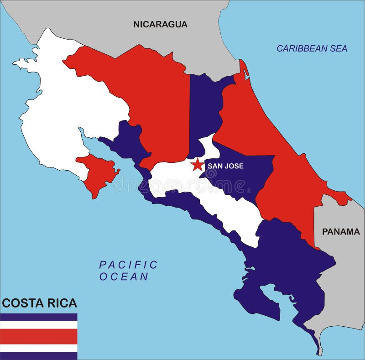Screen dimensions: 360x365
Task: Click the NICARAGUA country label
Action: [160, 25]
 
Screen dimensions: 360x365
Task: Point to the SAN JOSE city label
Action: [225, 166]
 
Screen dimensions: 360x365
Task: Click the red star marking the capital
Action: [198, 165]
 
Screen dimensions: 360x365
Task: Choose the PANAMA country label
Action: [341, 232]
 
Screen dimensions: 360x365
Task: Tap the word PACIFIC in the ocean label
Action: [128, 265]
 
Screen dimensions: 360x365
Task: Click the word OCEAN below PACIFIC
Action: [124, 277]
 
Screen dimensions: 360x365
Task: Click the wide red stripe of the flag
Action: [39, 336]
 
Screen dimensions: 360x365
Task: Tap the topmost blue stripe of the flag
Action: [39, 317]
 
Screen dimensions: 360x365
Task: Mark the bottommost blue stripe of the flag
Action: [39, 356]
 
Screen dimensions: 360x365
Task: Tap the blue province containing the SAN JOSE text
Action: [242, 178]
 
